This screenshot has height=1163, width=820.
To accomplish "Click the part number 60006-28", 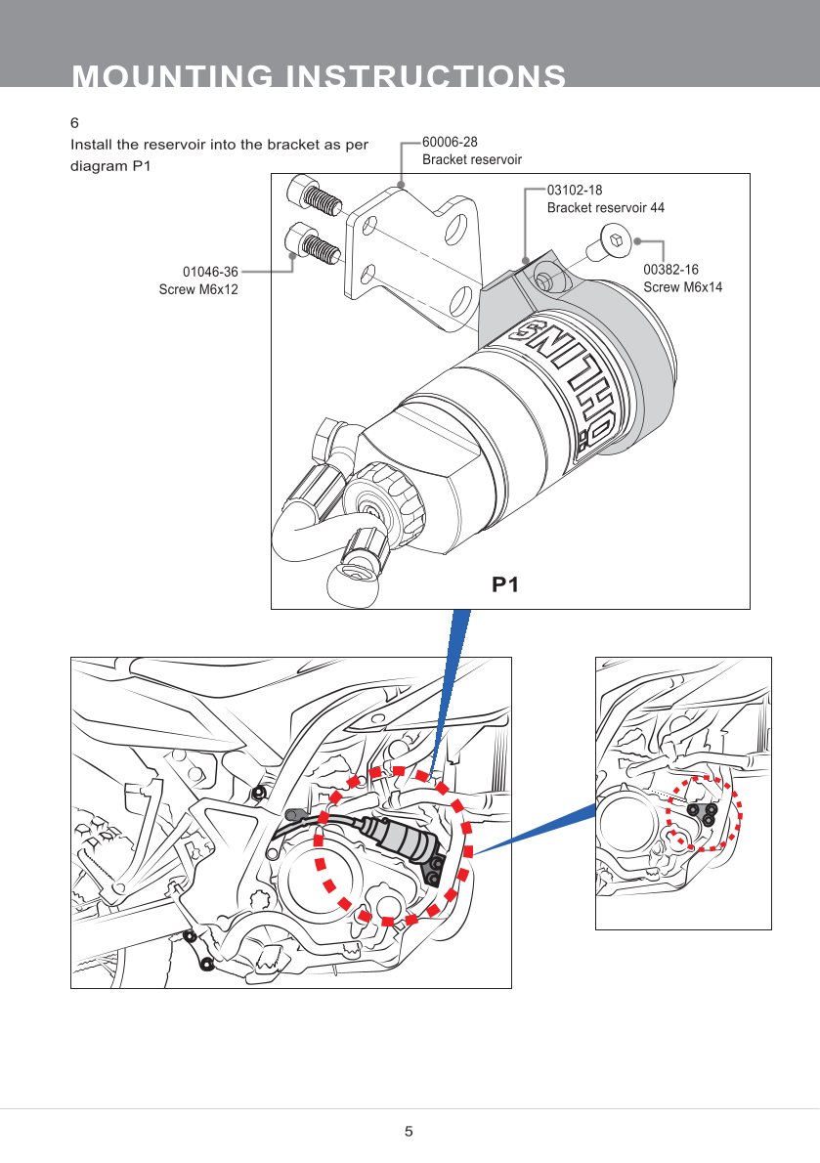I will [450, 143].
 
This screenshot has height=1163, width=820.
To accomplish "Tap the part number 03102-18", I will [575, 192].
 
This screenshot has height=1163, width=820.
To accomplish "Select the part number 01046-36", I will [211, 272].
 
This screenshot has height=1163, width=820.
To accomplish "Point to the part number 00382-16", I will [670, 269].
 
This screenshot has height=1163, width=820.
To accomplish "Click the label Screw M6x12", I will [198, 289].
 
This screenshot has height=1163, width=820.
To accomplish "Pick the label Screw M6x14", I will [682, 286].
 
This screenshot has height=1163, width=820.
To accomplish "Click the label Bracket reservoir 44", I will [605, 208].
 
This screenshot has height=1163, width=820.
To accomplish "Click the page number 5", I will [410, 1132].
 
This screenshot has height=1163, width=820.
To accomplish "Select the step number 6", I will [74, 124].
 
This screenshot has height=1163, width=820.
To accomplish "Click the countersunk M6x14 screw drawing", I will [608, 241].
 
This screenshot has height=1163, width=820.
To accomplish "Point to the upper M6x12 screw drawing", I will [315, 197].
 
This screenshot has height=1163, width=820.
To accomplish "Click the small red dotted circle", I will [705, 813].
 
